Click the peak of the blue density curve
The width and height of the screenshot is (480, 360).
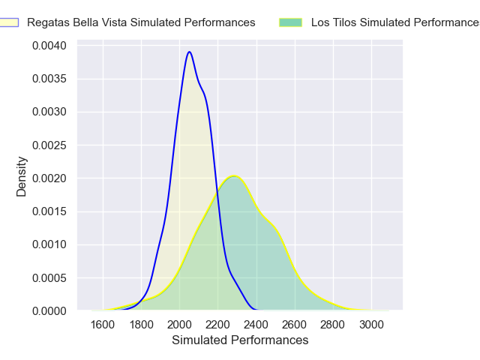pos(190,52)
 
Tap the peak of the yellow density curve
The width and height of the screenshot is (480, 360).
pos(234,176)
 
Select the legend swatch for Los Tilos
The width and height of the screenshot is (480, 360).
pos(290,22)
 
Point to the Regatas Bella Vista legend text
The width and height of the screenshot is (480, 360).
pos(141,22)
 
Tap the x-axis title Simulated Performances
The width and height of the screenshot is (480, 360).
pos(240,340)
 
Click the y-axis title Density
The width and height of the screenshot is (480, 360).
pos(22,177)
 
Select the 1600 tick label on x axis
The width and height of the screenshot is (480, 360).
pos(103,325)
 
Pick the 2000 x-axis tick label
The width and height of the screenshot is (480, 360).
pos(179,325)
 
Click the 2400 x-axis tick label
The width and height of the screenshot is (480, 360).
pos(256,325)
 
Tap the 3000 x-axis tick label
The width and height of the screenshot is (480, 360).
pos(370,325)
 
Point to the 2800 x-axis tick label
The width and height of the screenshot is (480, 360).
pos(332,325)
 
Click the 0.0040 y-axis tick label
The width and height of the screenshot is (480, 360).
pos(49,46)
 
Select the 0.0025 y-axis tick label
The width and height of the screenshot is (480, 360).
pos(49,145)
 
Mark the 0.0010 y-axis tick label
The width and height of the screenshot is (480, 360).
pos(49,244)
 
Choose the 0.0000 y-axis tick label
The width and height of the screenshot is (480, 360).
pos(49,310)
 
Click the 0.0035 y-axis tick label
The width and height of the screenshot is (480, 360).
pos(49,79)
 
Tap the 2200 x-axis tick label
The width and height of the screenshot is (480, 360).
pos(217,325)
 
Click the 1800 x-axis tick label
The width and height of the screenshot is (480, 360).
pos(141,325)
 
